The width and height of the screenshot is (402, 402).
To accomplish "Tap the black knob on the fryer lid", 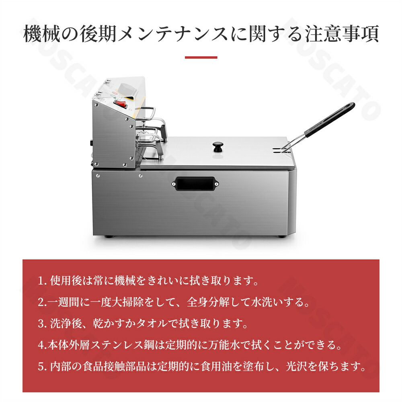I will [x=218, y=146].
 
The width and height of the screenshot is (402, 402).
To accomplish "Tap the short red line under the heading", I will [x=201, y=57].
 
